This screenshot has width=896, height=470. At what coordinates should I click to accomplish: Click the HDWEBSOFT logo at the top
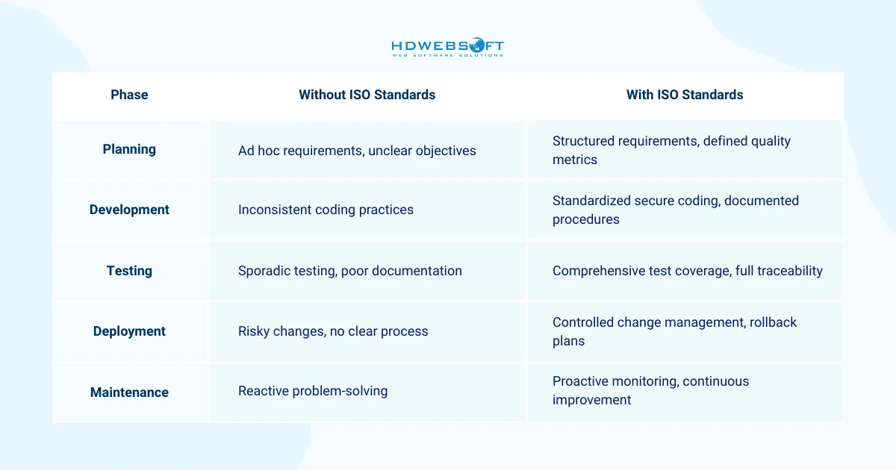point(447,48)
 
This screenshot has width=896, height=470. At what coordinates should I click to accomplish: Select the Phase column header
point(129,95)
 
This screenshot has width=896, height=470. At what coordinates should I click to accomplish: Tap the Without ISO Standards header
point(367,95)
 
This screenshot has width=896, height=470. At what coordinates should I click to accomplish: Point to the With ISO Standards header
point(685,95)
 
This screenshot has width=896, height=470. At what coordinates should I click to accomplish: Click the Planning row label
point(129,149)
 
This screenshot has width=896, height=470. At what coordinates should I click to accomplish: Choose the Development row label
point(129,210)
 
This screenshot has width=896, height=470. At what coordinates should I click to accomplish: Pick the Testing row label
point(129,271)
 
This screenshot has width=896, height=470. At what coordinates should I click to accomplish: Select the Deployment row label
point(129,331)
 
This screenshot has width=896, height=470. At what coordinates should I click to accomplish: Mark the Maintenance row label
point(129,392)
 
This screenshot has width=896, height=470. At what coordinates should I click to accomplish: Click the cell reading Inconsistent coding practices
point(326,210)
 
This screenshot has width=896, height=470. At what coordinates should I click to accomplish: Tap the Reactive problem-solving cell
point(313,391)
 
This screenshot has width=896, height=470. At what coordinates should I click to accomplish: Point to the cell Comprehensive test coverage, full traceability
point(687,271)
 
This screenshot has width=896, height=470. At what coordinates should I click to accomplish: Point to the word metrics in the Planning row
point(574,160)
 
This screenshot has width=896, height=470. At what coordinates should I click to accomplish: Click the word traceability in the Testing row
point(788,271)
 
